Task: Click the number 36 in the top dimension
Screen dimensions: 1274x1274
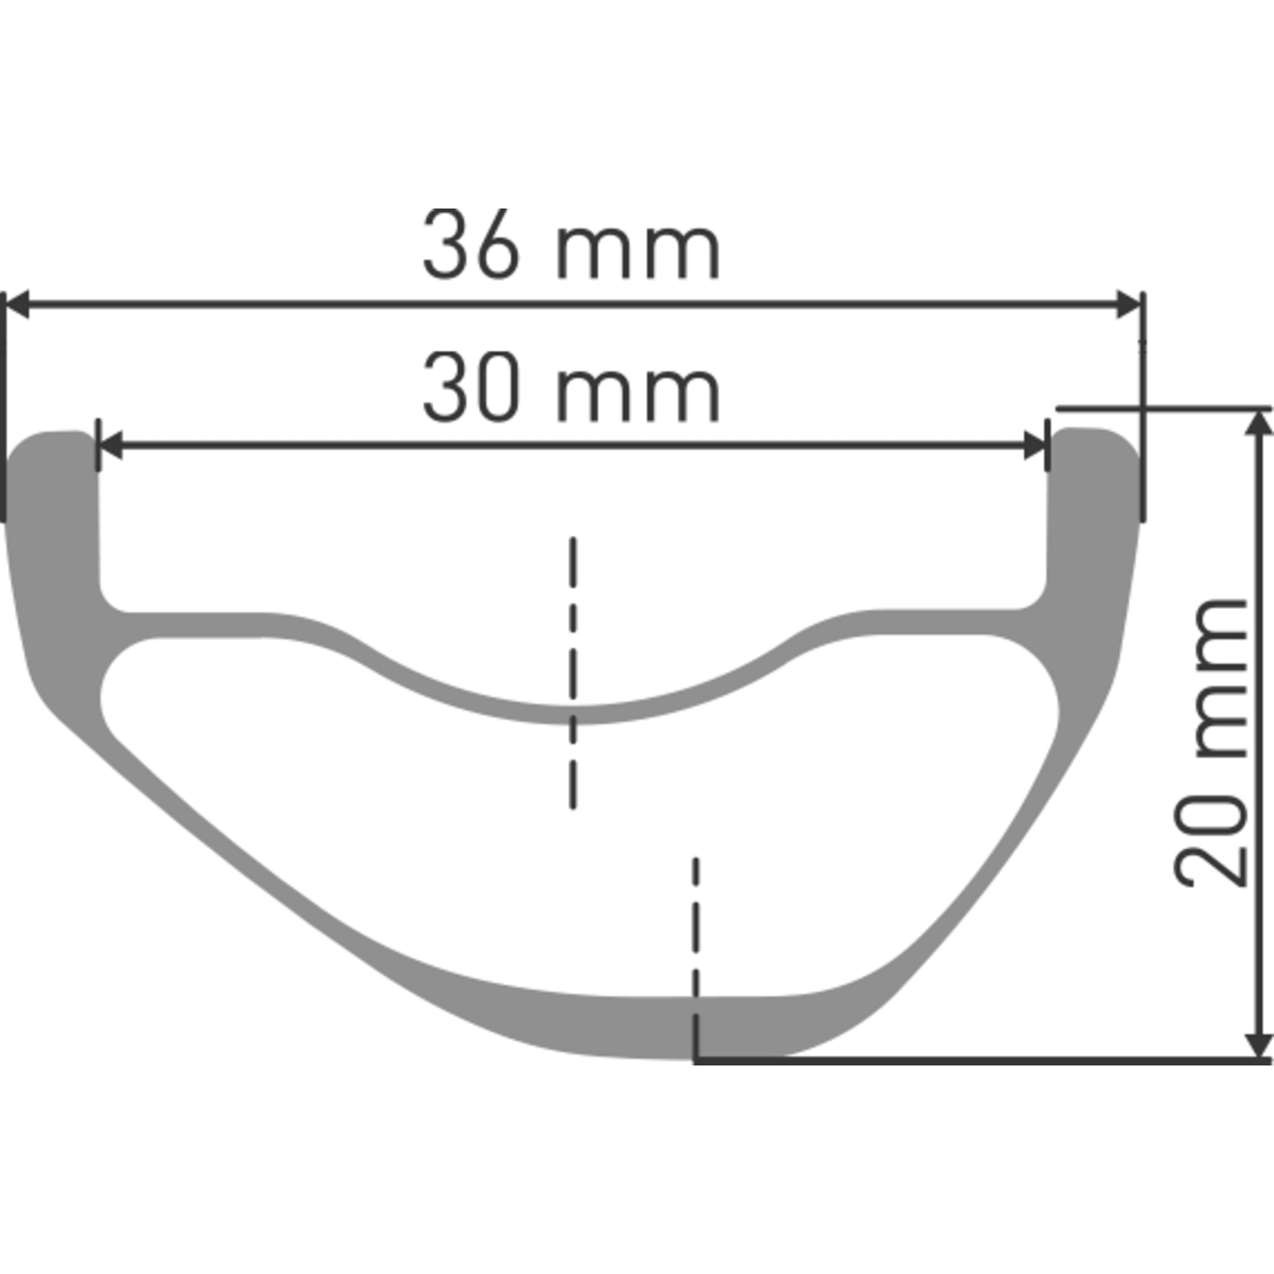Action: point(471,244)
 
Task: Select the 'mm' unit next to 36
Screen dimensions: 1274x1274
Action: point(638,251)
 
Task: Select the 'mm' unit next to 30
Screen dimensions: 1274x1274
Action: point(638,393)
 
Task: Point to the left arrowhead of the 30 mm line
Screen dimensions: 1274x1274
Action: point(110,446)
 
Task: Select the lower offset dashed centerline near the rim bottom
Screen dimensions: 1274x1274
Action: point(696,923)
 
